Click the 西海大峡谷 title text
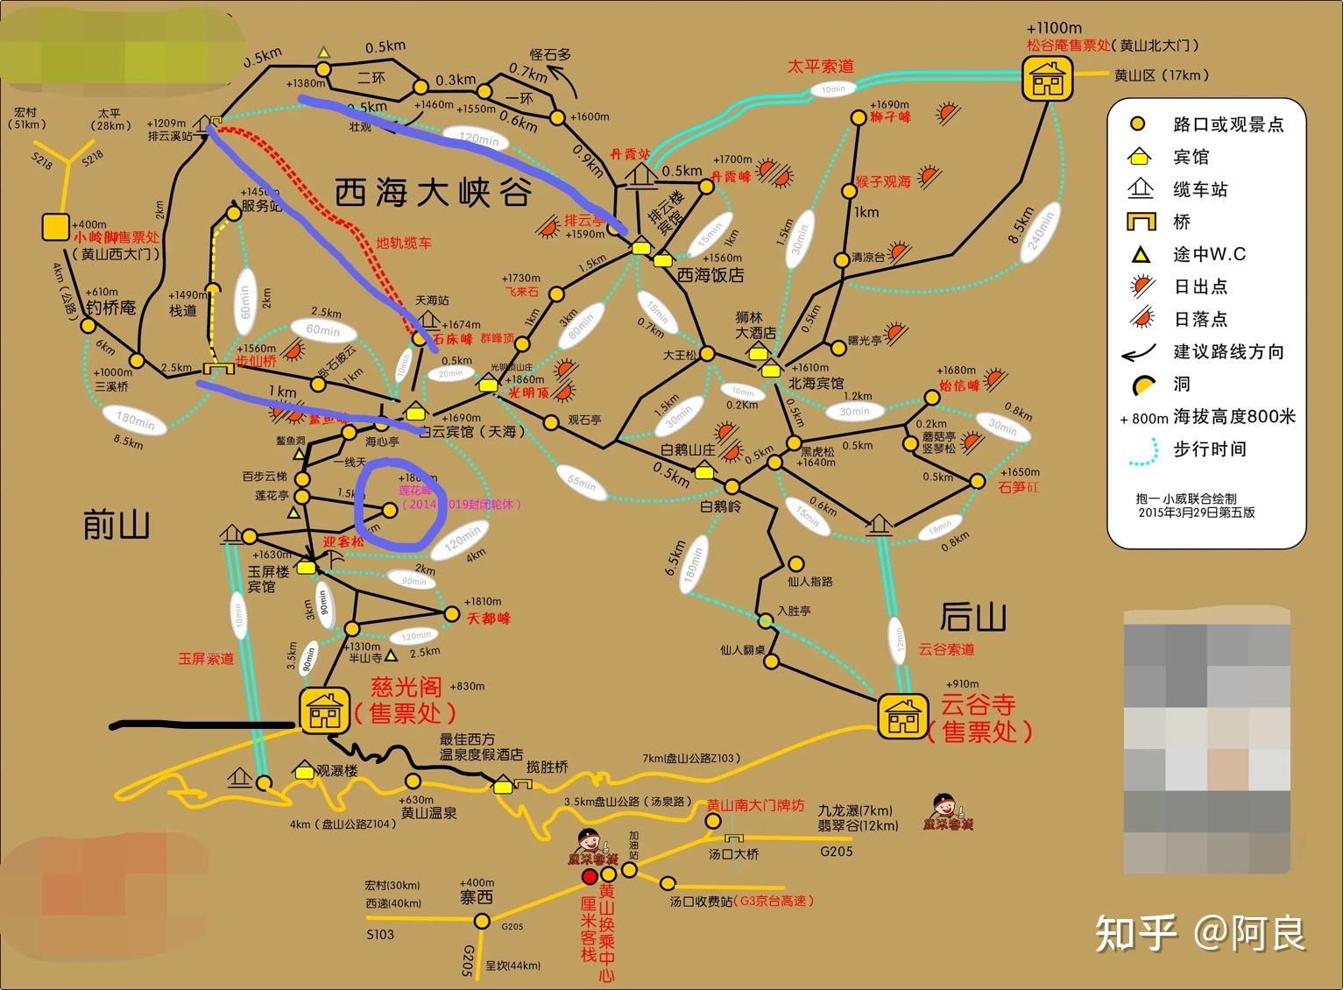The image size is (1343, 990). (433, 192)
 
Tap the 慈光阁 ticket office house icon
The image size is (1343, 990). (324, 709)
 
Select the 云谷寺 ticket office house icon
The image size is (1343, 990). (902, 717)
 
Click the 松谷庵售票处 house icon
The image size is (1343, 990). (1047, 78)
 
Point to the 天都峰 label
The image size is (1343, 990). (488, 619)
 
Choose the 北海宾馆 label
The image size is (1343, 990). (816, 384)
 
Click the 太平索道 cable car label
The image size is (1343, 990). (820, 66)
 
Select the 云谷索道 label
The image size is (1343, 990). (946, 649)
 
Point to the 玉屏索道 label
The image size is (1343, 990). (206, 658)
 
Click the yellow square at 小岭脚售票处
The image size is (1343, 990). (55, 227)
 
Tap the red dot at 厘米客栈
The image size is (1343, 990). (590, 875)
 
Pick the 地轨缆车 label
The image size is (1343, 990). (404, 243)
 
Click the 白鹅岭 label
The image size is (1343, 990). (720, 506)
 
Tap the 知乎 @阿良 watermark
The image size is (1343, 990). (1200, 933)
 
